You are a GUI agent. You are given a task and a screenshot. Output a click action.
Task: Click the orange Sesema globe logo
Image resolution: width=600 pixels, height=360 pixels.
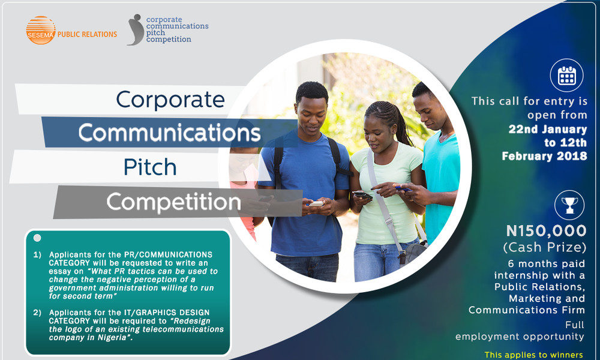pos(40,30)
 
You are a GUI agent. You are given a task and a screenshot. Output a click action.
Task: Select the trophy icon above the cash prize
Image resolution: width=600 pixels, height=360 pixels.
pos(566,205)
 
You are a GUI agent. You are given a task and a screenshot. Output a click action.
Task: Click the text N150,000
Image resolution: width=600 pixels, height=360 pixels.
pos(545,230)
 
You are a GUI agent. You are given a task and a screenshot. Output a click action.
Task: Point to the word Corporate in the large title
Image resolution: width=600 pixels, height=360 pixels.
pos(170,99)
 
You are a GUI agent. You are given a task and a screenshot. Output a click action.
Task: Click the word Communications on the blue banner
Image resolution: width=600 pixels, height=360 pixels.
pos(169,133)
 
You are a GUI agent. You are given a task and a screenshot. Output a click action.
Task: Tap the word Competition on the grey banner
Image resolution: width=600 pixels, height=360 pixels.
pos(173,202)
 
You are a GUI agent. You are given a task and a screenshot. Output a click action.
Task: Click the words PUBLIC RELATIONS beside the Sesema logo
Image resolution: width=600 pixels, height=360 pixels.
pos(87,34)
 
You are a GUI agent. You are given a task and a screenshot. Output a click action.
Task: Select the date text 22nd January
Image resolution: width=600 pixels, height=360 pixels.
pos(548,129)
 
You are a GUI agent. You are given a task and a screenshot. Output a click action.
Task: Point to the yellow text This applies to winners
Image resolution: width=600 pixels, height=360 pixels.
pos(534,355)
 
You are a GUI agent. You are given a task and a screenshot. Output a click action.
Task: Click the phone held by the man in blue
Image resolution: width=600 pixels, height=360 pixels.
pos(316,203)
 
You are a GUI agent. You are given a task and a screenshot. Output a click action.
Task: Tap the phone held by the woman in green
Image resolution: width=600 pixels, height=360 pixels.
pos(362,194)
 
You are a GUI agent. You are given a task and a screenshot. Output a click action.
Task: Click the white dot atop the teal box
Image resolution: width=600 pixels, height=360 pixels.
pos(37,238)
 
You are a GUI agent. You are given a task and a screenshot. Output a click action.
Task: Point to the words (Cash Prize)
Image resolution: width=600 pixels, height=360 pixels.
pos(545,247)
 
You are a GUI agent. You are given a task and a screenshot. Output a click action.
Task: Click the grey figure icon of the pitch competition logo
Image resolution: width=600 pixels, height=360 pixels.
pos(136,29)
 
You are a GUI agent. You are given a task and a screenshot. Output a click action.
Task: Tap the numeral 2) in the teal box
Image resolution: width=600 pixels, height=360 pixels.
pos(37,313)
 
